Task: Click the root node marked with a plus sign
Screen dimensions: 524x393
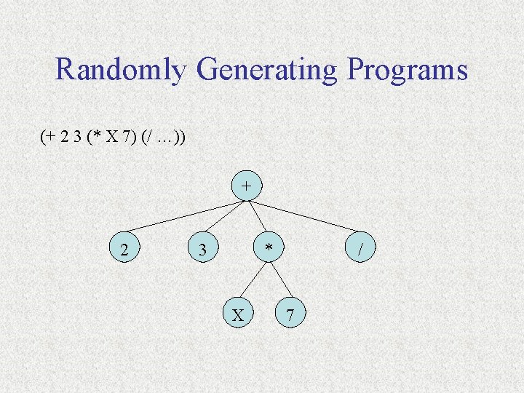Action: click(247, 186)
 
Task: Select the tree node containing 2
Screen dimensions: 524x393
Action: click(125, 250)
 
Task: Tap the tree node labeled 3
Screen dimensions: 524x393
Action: click(204, 250)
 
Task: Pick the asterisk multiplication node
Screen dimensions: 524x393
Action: click(269, 250)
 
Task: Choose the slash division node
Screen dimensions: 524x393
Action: click(360, 250)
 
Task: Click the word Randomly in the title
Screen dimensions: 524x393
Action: click(121, 71)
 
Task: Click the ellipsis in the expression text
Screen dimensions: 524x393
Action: click(166, 137)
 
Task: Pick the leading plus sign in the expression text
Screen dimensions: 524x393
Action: click(48, 137)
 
